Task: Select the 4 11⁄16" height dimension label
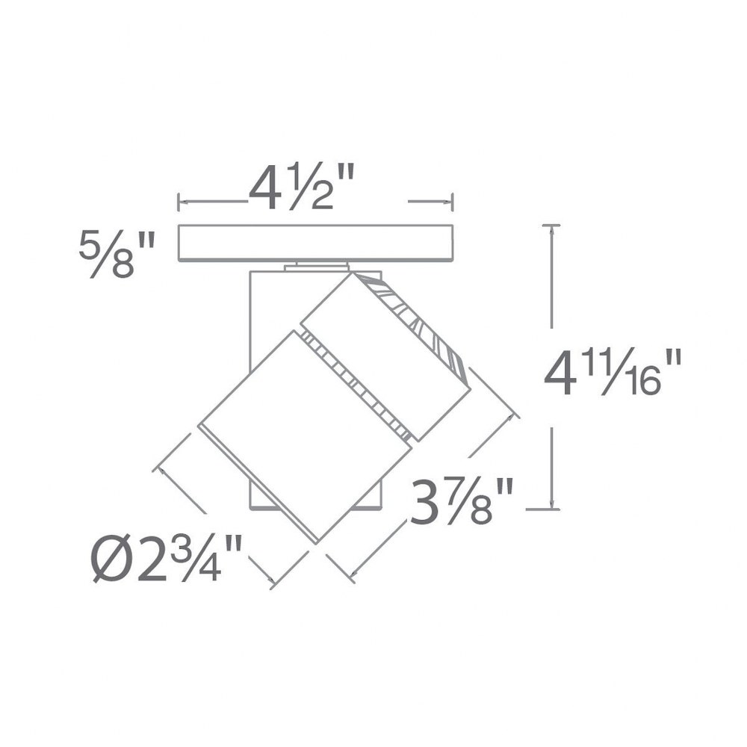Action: click(613, 372)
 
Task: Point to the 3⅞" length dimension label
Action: click(462, 501)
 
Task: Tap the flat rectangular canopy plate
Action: click(315, 243)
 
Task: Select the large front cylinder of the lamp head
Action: click(305, 436)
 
